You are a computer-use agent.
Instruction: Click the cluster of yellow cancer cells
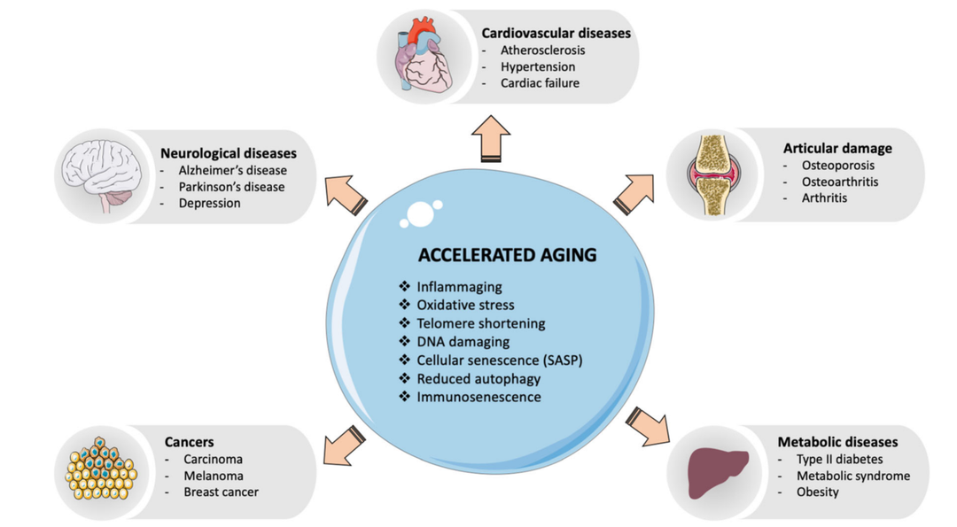[101, 470]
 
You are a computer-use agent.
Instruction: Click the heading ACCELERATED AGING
[508, 255]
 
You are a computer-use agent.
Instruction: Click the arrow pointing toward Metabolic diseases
[646, 426]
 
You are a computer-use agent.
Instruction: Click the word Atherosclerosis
[542, 50]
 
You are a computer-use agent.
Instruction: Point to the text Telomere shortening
[481, 323]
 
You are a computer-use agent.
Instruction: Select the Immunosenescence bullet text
[478, 397]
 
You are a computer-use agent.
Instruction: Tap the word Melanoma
[213, 476]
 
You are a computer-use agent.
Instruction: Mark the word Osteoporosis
[837, 166]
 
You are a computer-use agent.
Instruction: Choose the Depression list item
[209, 203]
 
